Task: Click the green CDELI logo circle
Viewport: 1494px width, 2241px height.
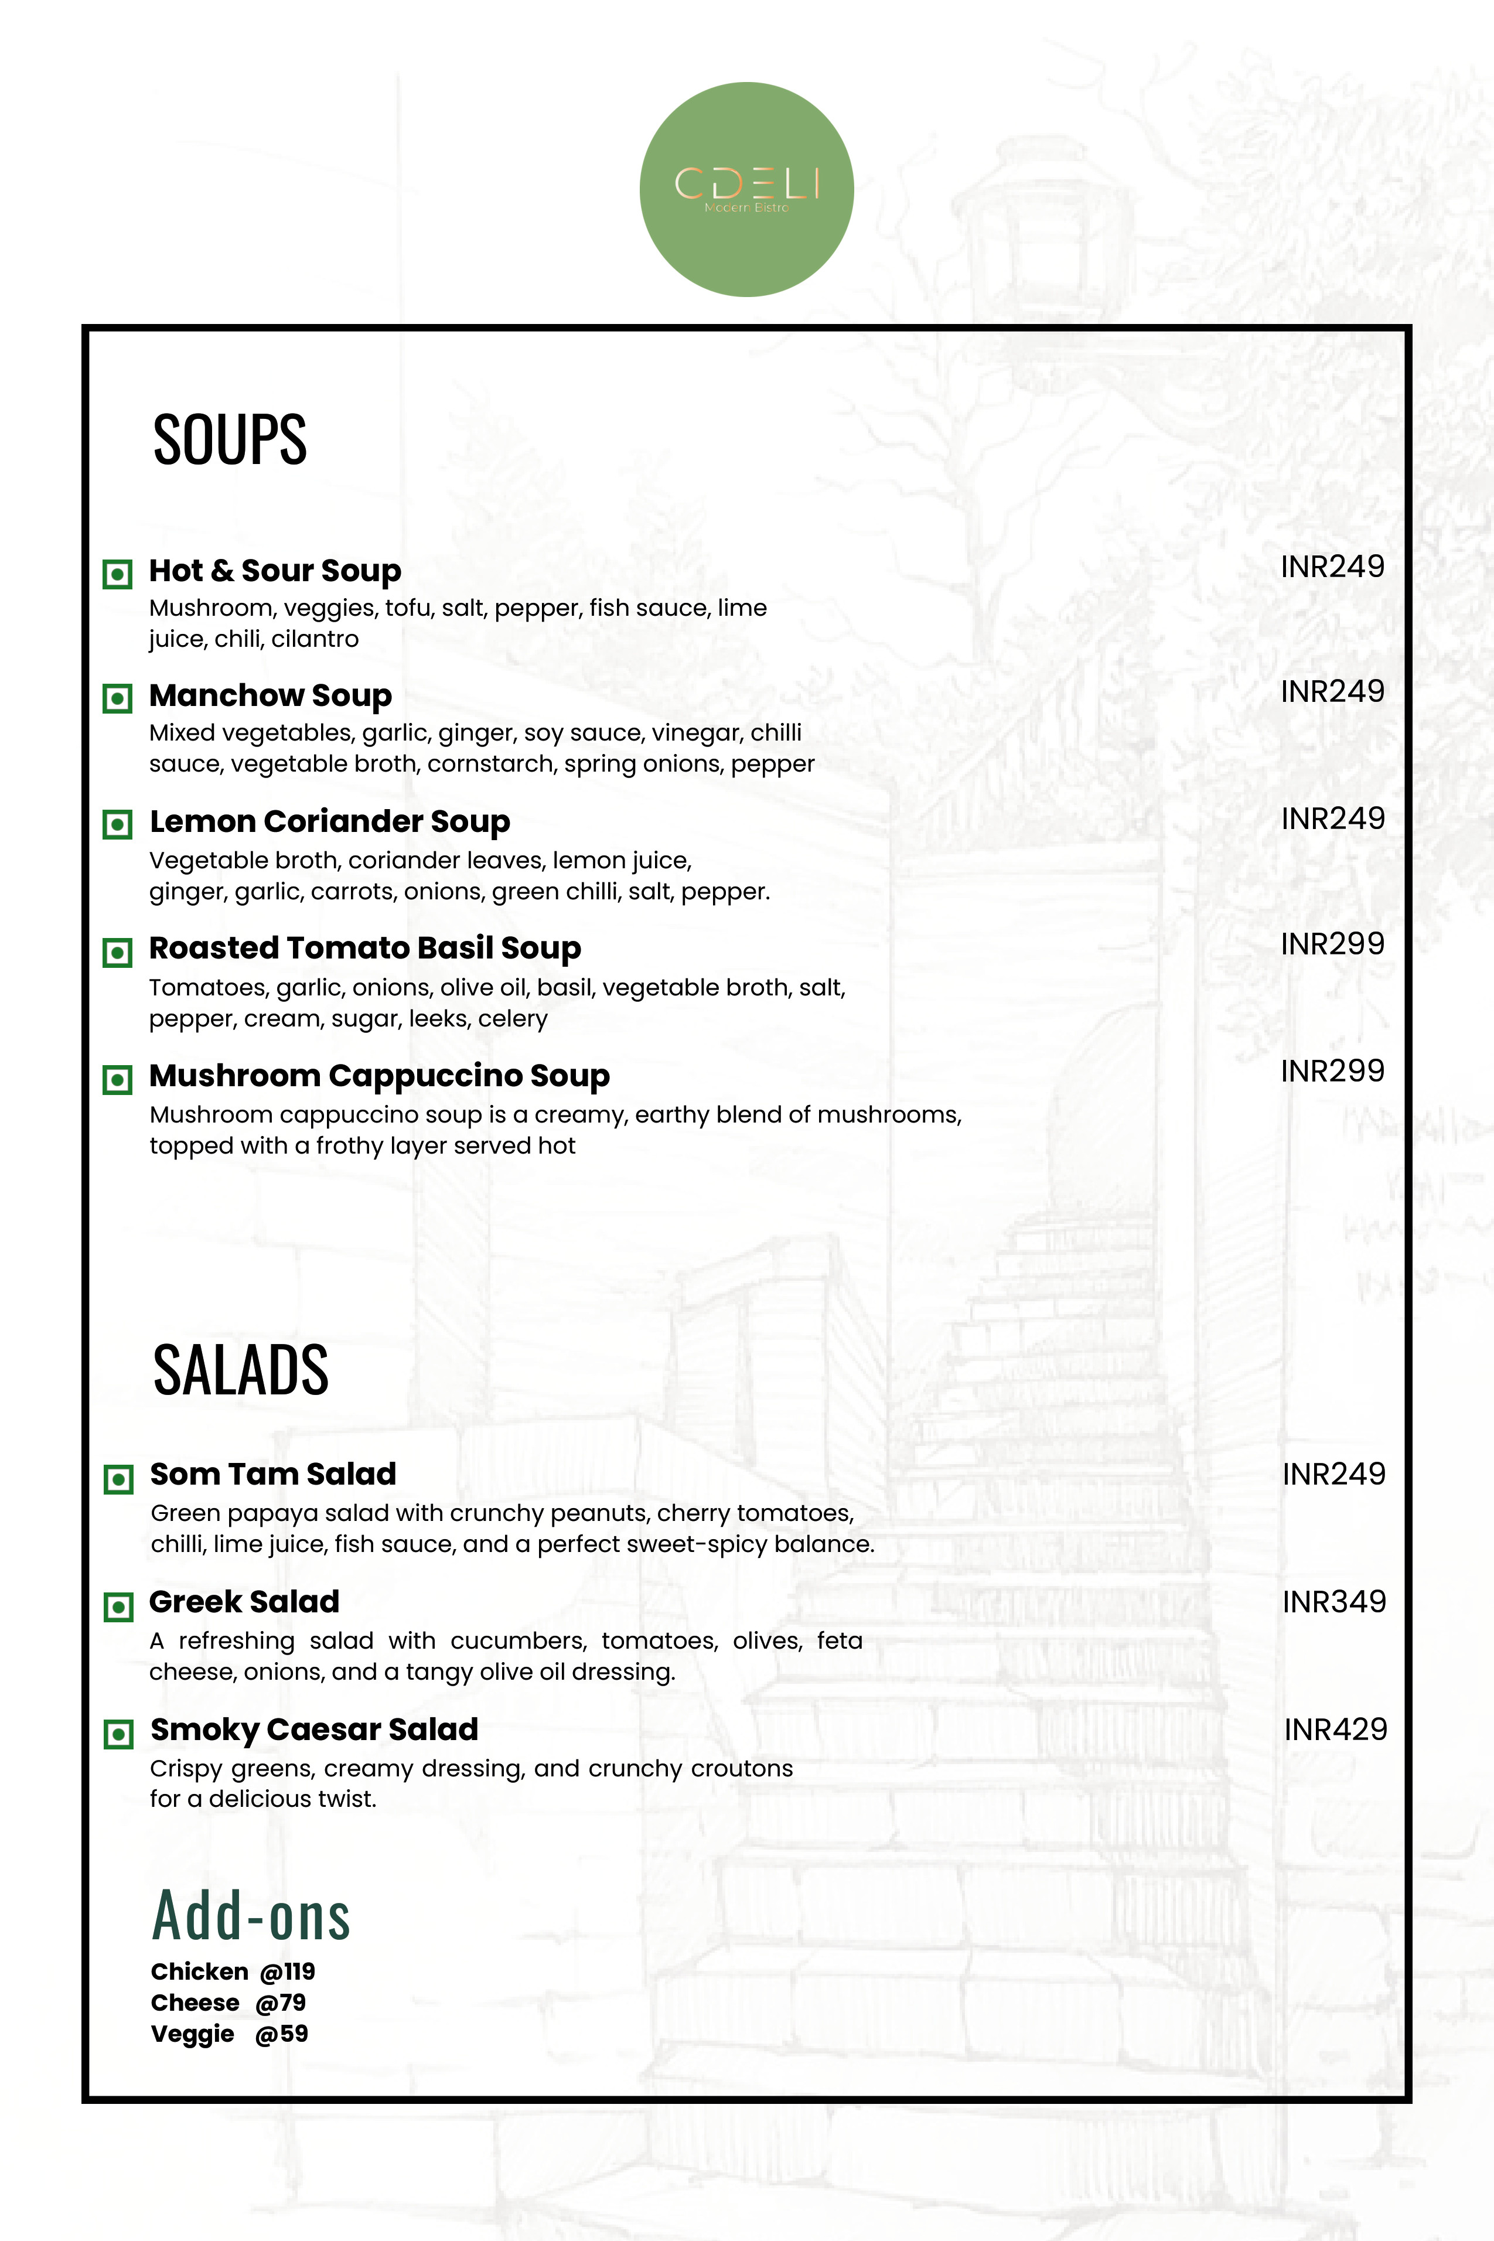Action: click(x=746, y=190)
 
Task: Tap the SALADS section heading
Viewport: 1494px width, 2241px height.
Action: click(x=240, y=1370)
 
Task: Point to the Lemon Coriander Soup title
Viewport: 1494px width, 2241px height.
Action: click(x=330, y=821)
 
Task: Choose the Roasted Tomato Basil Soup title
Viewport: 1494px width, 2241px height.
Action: click(x=365, y=948)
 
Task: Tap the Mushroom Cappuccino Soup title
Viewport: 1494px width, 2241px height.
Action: click(x=379, y=1076)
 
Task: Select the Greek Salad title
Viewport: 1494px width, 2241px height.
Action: click(x=244, y=1602)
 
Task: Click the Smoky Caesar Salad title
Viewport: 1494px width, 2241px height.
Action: click(x=313, y=1730)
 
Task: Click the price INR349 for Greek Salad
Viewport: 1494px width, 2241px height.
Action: click(x=1334, y=1602)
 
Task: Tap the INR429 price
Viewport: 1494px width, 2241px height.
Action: click(x=1336, y=1730)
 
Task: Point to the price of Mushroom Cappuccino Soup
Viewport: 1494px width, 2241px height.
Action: click(x=1332, y=1071)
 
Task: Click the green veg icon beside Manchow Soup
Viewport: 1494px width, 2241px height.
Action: click(x=117, y=698)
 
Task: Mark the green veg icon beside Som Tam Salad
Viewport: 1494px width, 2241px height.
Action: click(x=118, y=1479)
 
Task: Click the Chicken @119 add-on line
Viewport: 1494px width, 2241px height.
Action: click(x=233, y=1971)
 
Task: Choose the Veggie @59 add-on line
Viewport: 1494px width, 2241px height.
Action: click(x=228, y=2034)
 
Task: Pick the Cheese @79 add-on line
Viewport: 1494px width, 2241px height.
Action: click(x=228, y=2003)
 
